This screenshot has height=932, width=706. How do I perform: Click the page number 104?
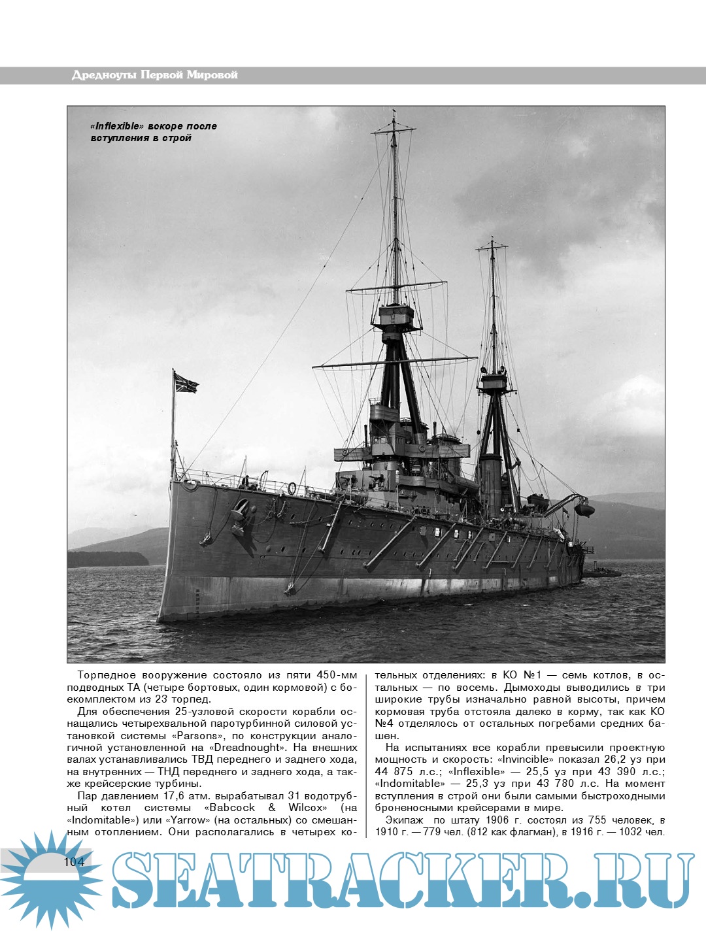tap(75, 861)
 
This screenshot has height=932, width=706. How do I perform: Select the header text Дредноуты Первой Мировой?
tap(154, 75)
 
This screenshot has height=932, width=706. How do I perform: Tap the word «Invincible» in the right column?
tap(524, 759)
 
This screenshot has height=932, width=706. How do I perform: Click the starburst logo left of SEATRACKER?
tap(46, 876)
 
